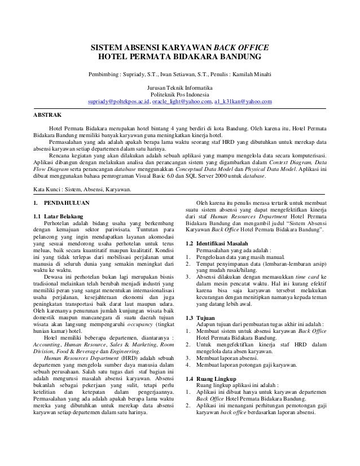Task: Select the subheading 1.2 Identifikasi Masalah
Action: pyautogui.click(x=221, y=244)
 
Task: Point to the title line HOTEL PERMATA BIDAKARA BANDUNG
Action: pyautogui.click(x=179, y=58)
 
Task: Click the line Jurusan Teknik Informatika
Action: pyautogui.click(x=179, y=88)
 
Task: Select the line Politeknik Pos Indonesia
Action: pyautogui.click(x=179, y=95)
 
